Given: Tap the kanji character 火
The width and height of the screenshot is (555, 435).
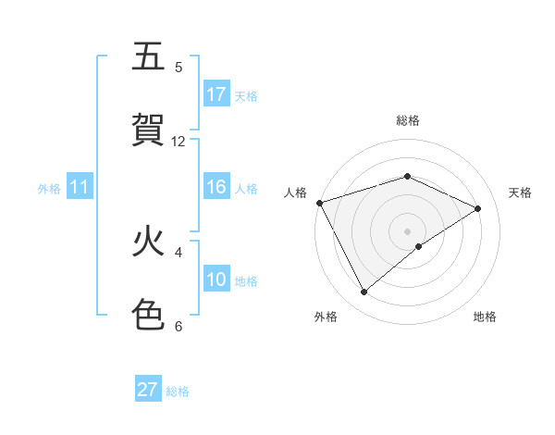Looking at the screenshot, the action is [149, 242].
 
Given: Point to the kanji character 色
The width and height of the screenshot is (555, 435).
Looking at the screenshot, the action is [149, 314].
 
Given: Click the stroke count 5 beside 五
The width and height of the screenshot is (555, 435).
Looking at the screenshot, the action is [179, 68].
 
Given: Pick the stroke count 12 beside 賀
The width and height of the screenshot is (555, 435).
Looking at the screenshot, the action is [179, 141].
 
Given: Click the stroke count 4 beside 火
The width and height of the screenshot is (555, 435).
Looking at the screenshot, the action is [179, 252].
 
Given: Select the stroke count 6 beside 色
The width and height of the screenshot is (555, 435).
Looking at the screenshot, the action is [179, 326].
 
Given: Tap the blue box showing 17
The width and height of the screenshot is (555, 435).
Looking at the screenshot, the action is [216, 94].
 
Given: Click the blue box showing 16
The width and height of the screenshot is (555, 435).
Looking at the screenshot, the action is [216, 187].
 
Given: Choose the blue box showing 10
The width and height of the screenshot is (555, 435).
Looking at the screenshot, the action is [216, 280].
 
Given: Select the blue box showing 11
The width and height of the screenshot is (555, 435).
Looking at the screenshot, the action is [80, 187].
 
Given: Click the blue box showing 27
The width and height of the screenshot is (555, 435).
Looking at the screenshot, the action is [148, 390].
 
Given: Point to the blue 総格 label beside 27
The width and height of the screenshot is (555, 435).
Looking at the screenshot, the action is [178, 391].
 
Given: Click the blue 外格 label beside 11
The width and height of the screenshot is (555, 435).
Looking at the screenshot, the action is [49, 189].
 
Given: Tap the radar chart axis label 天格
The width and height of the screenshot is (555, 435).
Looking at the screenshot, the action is [520, 193].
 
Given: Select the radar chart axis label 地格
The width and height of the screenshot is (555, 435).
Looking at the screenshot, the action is [485, 317].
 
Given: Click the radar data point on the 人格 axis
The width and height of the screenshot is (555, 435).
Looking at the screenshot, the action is [319, 203].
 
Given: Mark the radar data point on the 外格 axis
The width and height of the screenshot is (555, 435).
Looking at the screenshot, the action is [364, 292].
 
